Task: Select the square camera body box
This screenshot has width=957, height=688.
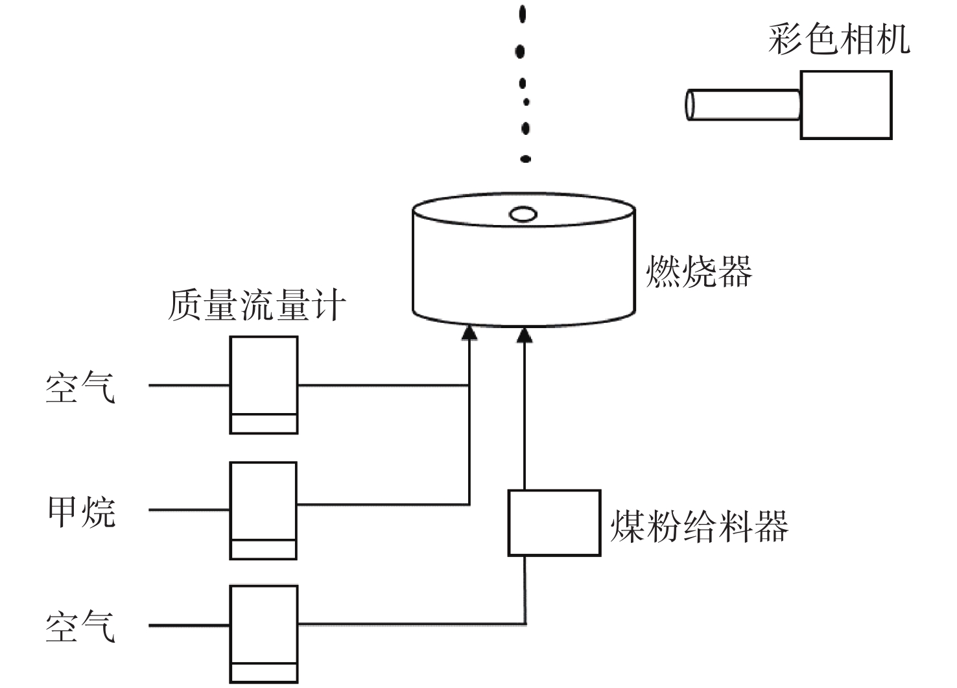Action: point(846,104)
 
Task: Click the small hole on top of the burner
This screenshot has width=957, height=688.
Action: point(523,214)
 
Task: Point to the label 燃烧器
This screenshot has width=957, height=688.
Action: point(699,271)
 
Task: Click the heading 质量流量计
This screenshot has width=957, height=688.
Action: point(256,305)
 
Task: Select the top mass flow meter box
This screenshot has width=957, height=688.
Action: point(264,385)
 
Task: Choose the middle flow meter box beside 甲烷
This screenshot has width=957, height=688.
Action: point(263,511)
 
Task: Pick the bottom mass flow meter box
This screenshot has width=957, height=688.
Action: point(264,634)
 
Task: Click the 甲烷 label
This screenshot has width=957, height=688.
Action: point(82,512)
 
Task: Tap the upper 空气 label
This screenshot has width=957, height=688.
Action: point(80,386)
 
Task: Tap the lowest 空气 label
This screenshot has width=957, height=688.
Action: point(80,626)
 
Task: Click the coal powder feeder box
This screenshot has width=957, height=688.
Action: point(554,523)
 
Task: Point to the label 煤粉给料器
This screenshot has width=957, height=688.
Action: point(700,526)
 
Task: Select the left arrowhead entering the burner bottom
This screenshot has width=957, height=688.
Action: point(469,333)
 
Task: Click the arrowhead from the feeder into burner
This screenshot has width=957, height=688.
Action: point(525,335)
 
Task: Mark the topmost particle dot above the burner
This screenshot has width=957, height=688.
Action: point(522,14)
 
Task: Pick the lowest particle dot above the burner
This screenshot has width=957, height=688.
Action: point(525,159)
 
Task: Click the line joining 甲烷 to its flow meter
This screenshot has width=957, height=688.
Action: point(189,510)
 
